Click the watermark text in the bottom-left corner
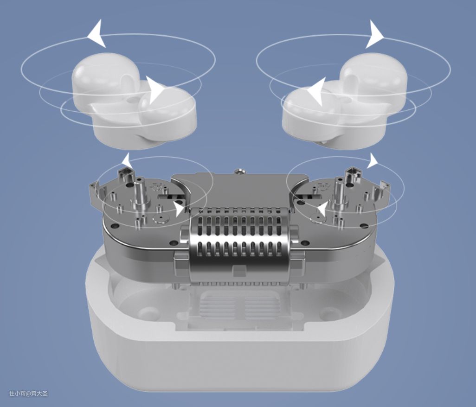(28, 394)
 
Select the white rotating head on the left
(134, 100)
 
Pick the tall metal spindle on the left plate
(140, 194)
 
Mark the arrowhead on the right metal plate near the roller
(322, 209)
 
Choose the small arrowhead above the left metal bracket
(126, 160)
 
